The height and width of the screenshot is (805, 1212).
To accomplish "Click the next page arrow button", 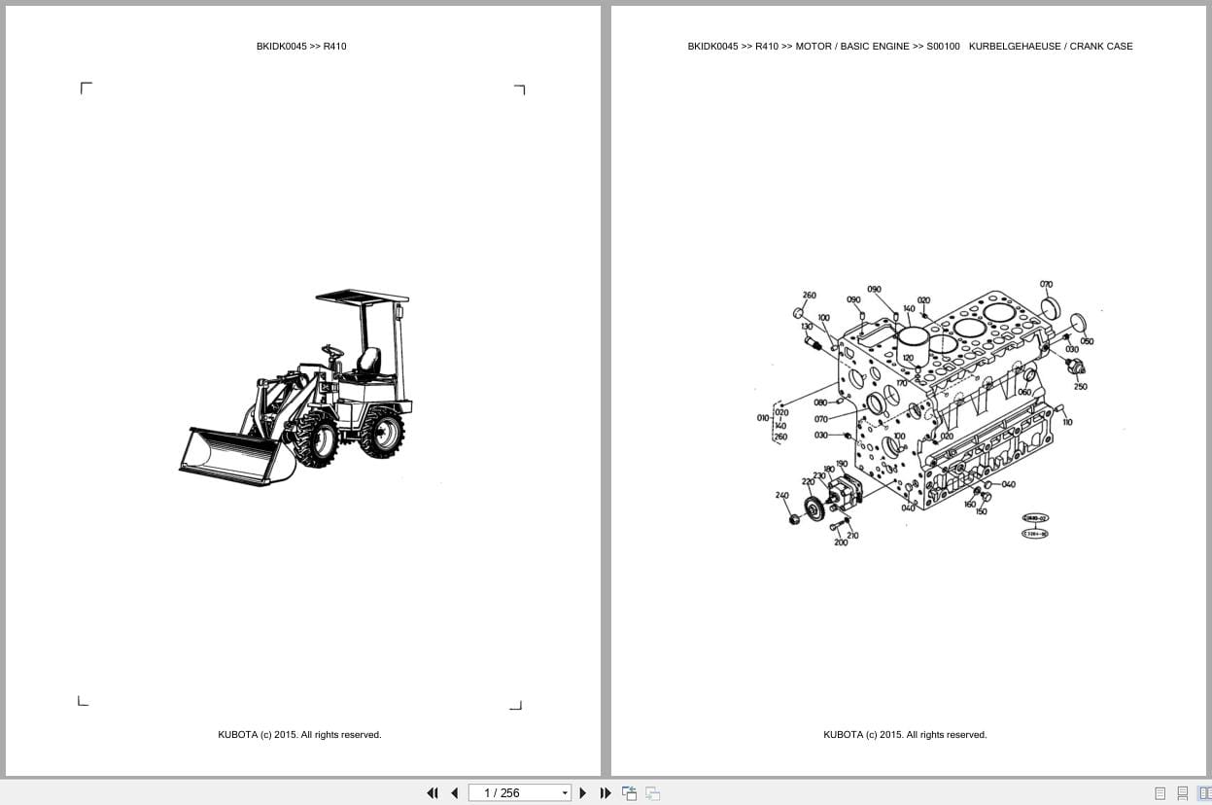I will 582,792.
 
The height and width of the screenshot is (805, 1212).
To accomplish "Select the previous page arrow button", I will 454,792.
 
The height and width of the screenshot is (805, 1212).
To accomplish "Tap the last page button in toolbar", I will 605,792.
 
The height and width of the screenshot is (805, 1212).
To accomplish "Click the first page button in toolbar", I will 433,792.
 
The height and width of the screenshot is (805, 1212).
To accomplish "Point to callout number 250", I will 1080,386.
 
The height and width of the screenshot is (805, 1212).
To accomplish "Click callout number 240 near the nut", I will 781,495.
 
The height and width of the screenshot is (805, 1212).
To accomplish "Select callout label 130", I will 806,327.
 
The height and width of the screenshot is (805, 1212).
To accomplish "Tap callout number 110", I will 1067,422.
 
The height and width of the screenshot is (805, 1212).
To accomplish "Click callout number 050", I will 1086,341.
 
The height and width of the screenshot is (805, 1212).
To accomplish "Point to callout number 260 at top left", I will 809,296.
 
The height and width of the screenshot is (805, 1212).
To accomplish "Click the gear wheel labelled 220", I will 814,511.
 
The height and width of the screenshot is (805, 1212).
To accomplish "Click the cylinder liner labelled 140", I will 915,340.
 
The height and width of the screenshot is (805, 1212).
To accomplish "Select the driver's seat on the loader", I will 367,364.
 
